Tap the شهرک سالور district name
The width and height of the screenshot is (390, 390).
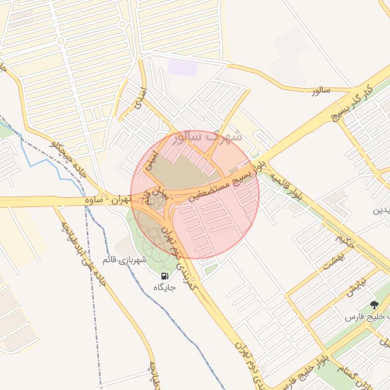coord(206,138)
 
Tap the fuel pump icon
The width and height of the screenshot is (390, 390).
coord(165,275)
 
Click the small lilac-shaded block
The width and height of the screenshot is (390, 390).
coord(183,67)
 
